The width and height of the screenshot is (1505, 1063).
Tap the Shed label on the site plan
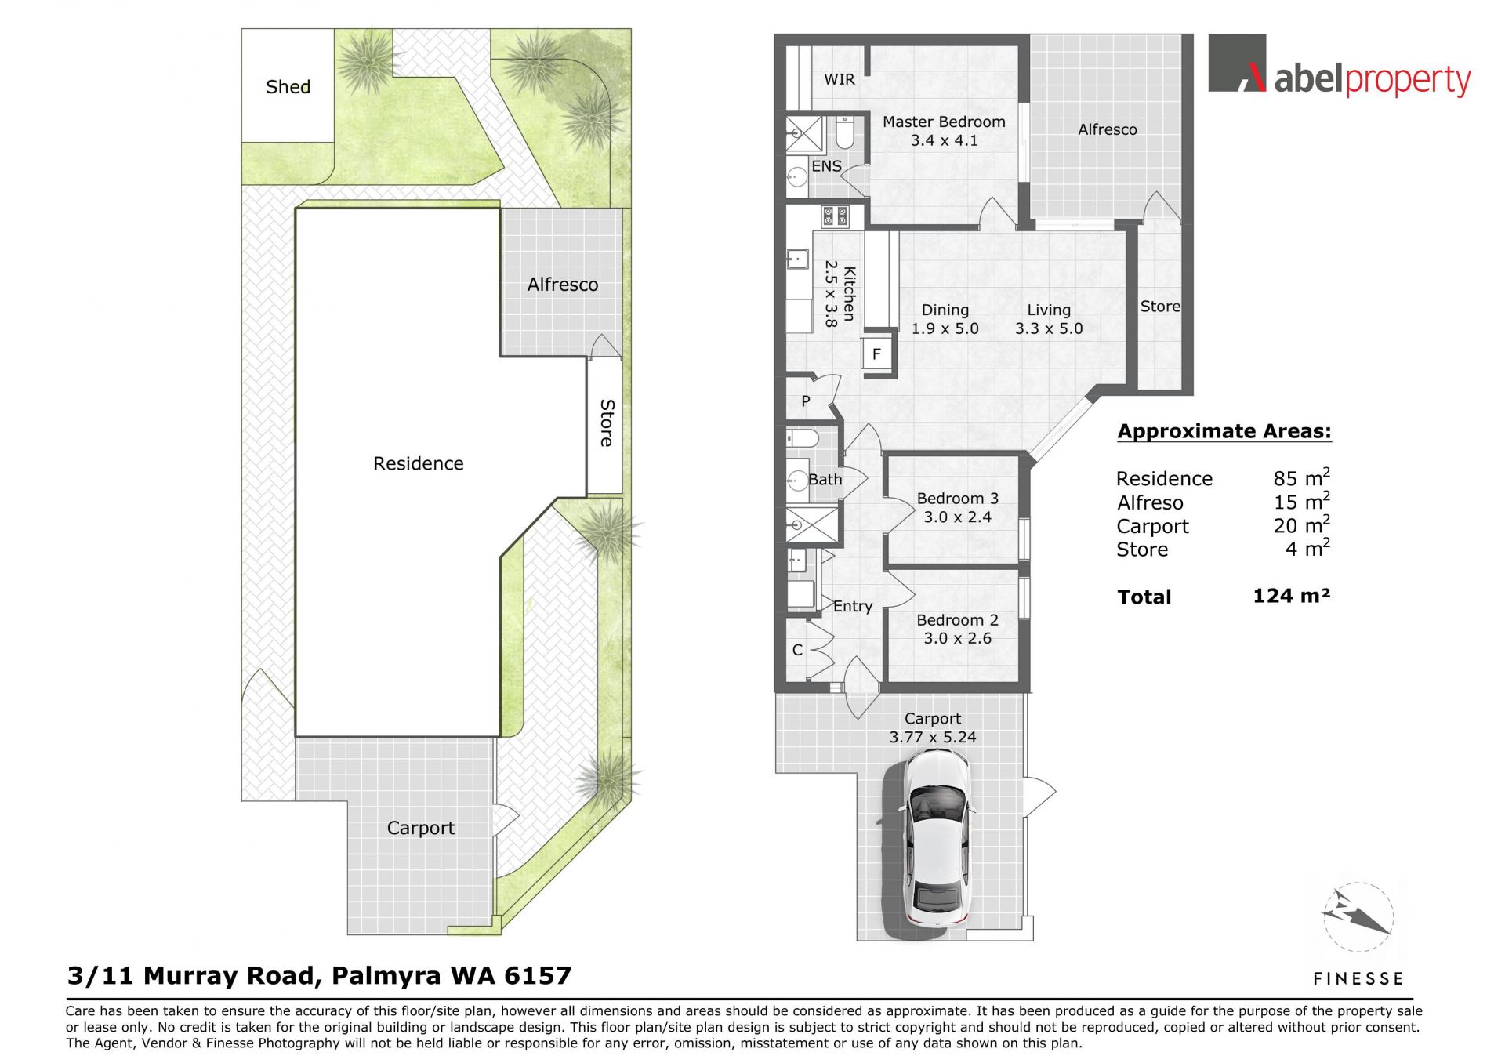tap(288, 87)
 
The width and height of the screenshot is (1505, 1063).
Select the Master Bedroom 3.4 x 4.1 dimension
tap(944, 141)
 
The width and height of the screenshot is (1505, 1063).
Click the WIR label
tap(840, 79)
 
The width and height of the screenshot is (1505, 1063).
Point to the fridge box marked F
tap(876, 354)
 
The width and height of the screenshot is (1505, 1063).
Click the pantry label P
tap(805, 401)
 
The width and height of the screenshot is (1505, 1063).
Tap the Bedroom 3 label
tap(957, 499)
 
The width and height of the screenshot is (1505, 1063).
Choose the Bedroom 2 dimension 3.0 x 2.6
tap(957, 638)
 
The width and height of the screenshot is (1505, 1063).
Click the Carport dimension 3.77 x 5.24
tap(933, 737)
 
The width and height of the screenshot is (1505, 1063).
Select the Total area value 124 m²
tap(1291, 596)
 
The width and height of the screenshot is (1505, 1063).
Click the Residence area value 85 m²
tap(1301, 477)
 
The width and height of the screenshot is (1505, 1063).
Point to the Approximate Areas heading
tap(1224, 431)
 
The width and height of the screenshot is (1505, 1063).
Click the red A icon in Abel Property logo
tap(1253, 77)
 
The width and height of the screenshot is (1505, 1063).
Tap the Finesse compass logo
tap(1358, 917)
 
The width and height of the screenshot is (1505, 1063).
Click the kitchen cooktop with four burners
tap(835, 217)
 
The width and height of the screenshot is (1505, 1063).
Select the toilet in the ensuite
tap(844, 132)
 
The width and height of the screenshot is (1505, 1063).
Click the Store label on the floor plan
tap(1160, 307)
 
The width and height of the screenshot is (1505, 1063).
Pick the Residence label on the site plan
tap(418, 463)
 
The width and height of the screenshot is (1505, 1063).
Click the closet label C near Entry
tap(797, 650)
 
